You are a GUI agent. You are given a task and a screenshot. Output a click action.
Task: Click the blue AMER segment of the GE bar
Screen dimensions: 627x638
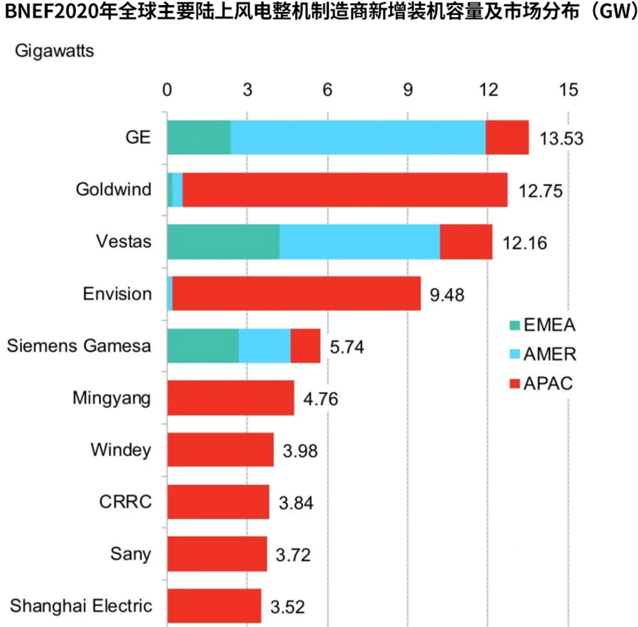tap(358, 137)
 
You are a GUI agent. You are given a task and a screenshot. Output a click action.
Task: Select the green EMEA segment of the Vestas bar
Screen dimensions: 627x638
tap(223, 241)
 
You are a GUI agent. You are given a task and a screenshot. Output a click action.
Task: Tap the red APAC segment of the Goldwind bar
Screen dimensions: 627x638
tap(344, 189)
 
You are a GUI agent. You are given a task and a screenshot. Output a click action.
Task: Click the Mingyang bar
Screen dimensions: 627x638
tap(230, 397)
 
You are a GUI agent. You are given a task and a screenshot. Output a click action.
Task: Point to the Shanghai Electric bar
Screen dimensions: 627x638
tap(214, 605)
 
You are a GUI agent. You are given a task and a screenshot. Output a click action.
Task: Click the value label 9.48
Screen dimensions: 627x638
tap(448, 294)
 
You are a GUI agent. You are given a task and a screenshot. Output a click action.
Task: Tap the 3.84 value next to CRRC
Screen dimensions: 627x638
tap(296, 502)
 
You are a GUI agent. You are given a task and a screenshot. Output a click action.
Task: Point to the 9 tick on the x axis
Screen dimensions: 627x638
tap(407, 89)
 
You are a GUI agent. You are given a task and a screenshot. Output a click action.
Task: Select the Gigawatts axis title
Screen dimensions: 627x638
tap(54, 50)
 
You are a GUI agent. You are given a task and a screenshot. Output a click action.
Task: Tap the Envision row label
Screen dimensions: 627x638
tap(117, 294)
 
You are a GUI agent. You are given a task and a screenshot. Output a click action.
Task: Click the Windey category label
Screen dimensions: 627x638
tap(120, 449)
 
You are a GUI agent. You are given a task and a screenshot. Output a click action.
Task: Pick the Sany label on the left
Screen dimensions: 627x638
tap(130, 553)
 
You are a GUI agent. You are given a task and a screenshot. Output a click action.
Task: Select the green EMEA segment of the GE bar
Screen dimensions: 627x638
tap(198, 137)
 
